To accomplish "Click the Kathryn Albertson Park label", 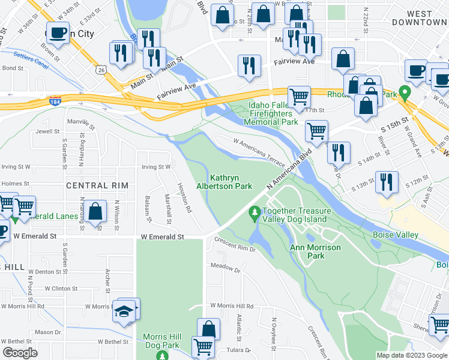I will [x=231, y=182].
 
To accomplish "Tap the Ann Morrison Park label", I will [x=315, y=251].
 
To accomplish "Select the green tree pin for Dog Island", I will [x=255, y=213].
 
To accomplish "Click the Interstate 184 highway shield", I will [x=55, y=100].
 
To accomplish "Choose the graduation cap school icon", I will [x=125, y=312].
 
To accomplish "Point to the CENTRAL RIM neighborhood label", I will [x=97, y=185].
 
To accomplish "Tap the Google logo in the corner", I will [x=20, y=353].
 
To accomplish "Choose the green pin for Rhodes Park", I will [x=405, y=93].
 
